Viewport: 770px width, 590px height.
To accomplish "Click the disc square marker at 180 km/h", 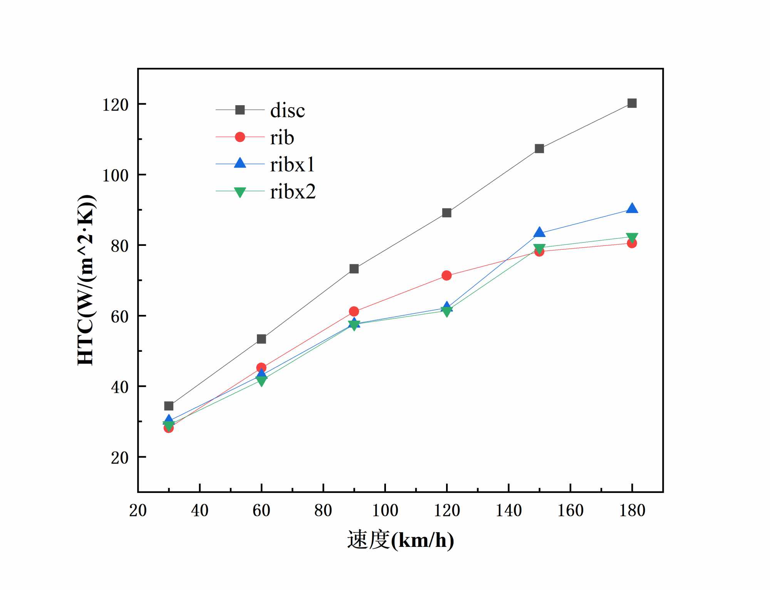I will click(632, 103).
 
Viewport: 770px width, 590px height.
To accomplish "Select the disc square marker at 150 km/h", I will click(539, 149).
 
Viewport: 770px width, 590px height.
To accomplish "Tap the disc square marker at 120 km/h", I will click(446, 213).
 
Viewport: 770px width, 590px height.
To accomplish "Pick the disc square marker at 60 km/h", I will click(261, 339).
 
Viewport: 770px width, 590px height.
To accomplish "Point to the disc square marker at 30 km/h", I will click(169, 406).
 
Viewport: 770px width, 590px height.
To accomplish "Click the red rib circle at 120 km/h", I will click(446, 276).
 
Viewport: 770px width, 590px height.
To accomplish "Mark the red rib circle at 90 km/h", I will click(354, 311).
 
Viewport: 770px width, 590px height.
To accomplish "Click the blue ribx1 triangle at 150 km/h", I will click(539, 233).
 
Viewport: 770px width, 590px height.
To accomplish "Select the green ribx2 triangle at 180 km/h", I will click(632, 237).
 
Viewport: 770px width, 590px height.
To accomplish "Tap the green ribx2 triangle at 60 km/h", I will click(261, 381).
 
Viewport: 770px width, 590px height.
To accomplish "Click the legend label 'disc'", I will click(287, 111).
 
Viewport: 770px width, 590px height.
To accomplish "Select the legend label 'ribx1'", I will click(292, 165).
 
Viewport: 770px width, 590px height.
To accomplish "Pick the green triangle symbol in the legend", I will click(240, 192).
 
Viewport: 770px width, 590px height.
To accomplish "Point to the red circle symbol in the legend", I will click(240, 137).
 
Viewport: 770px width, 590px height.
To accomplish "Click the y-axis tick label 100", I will click(115, 176).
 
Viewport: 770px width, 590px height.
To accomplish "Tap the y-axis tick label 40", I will click(119, 387).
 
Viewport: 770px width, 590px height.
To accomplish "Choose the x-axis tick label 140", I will click(508, 511).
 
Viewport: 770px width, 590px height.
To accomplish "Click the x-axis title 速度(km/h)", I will click(400, 540).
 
